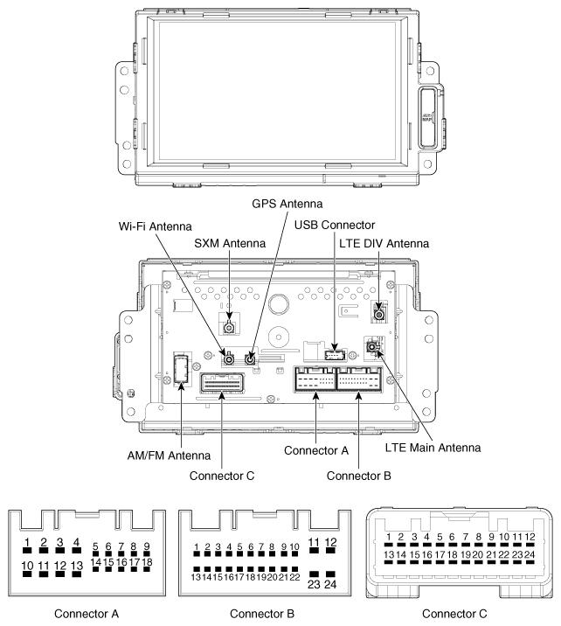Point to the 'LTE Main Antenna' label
coord(433,447)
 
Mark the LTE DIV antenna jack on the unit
coord(379,312)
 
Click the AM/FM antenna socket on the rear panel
coord(182,372)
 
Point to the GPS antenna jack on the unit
coord(251,358)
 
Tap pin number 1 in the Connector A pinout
coord(28,544)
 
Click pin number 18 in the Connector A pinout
coord(148,561)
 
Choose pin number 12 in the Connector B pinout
coord(330,542)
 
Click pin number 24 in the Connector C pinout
coord(530,553)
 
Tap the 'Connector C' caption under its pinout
coord(457,613)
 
